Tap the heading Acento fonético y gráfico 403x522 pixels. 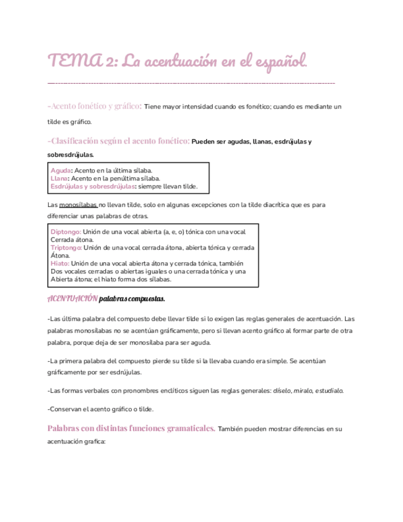(95, 106)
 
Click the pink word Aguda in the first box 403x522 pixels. (60, 170)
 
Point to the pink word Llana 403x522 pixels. (60, 179)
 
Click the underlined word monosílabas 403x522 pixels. (78, 204)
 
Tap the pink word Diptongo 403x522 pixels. (66, 231)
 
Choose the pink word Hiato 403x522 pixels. (60, 263)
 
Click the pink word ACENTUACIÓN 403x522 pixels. (72, 299)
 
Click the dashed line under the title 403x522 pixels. (191, 82)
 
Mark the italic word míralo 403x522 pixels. (302, 390)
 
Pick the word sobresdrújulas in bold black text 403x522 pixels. (70, 155)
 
